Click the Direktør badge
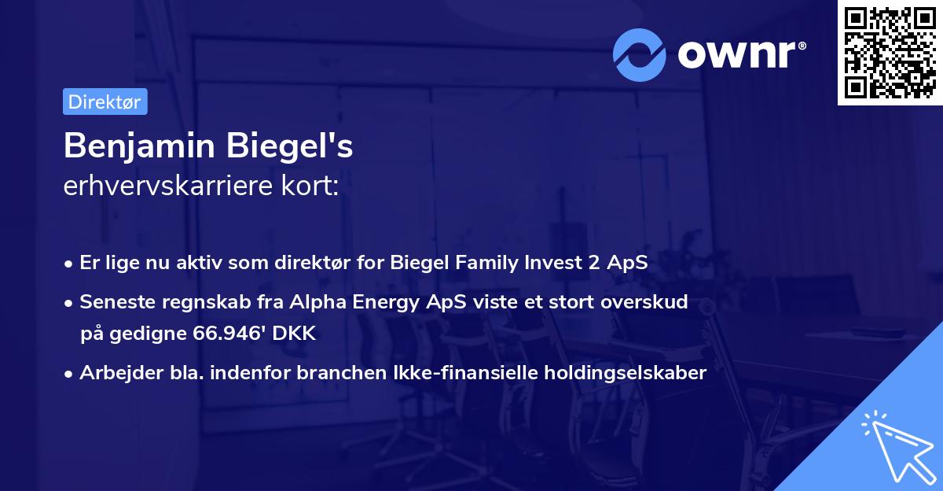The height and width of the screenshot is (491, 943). [x=105, y=102]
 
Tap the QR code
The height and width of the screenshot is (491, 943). [x=890, y=52]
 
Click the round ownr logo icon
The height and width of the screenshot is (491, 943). [x=640, y=54]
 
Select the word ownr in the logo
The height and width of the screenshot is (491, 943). [x=737, y=54]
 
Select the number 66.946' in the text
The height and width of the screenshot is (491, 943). [x=228, y=333]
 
